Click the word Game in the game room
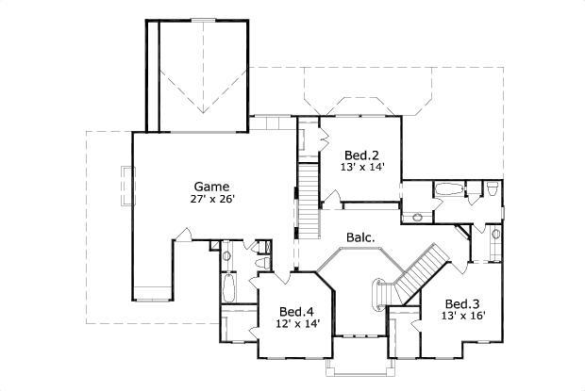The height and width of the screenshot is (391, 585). [211, 186]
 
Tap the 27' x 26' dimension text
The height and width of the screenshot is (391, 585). [211, 199]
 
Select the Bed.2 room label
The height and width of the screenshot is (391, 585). [361, 155]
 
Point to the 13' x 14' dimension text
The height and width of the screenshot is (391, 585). [361, 168]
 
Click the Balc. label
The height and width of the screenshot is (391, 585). [361, 238]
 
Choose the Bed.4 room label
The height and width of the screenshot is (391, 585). [297, 311]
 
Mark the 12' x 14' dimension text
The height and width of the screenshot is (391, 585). [297, 324]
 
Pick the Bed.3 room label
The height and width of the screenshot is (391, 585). [463, 303]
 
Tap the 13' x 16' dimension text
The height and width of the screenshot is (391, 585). [463, 317]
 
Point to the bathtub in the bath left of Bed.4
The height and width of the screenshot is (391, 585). [229, 288]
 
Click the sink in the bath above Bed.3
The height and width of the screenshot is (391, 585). [495, 232]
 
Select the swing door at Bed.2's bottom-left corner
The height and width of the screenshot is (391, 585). [330, 198]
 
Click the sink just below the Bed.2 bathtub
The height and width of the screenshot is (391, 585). [416, 218]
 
